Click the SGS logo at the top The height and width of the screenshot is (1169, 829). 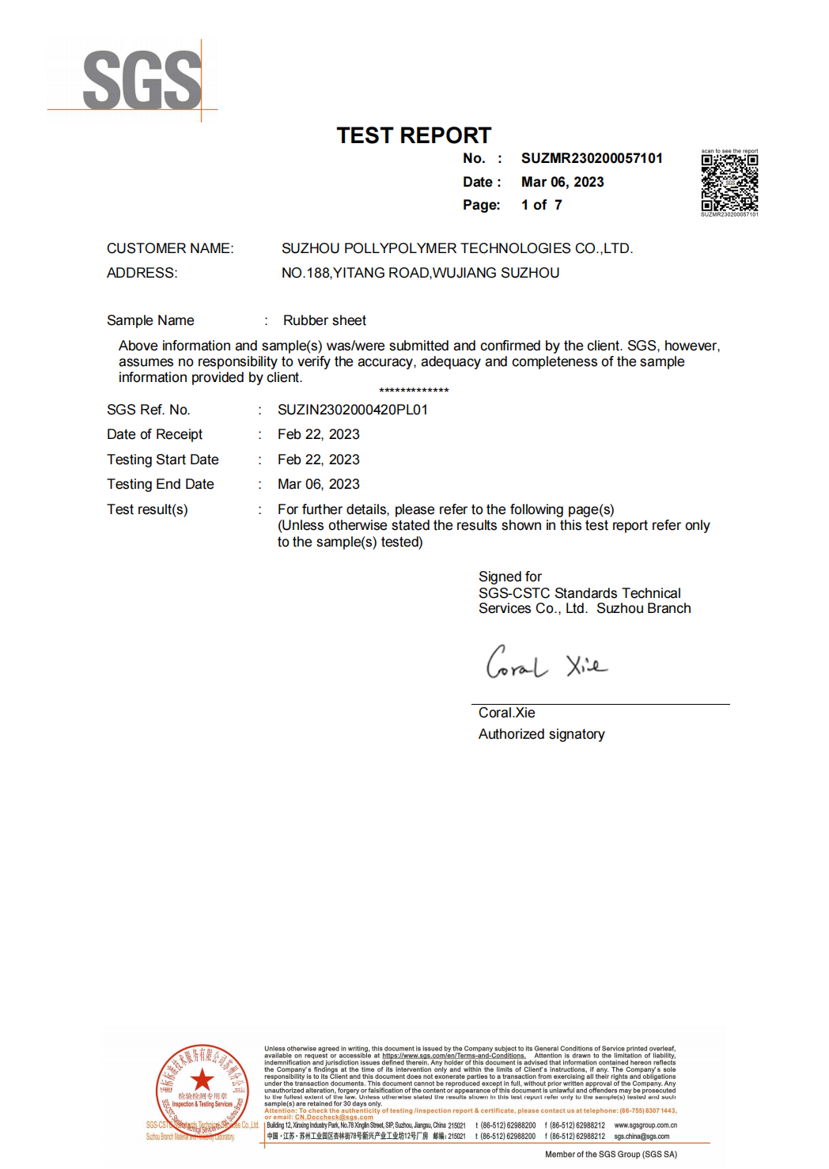click(x=142, y=80)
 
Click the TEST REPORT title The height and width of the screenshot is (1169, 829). click(x=414, y=135)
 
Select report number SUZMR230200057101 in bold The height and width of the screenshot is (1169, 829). click(x=592, y=158)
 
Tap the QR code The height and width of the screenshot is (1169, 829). click(x=729, y=182)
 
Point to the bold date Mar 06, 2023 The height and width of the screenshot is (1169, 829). click(x=562, y=182)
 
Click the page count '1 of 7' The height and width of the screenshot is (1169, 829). click(x=542, y=205)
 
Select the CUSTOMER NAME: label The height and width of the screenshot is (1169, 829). click(x=170, y=248)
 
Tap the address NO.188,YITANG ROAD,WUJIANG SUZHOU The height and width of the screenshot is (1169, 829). click(x=420, y=273)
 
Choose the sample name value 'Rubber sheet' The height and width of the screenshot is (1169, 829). click(x=324, y=320)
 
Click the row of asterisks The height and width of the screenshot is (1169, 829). click(x=414, y=391)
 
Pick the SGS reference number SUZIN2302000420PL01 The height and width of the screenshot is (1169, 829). click(x=352, y=410)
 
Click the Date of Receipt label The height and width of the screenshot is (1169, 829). click(x=154, y=434)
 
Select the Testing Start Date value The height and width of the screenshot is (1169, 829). click(x=318, y=460)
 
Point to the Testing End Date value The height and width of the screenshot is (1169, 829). click(x=318, y=484)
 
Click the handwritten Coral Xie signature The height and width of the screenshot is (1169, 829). click(x=546, y=663)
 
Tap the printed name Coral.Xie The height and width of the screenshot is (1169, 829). click(x=506, y=713)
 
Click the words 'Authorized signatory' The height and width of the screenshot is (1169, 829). click(x=541, y=734)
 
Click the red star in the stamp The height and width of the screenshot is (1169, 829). click(x=202, y=1080)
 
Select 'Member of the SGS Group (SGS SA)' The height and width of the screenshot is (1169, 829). click(x=611, y=1154)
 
